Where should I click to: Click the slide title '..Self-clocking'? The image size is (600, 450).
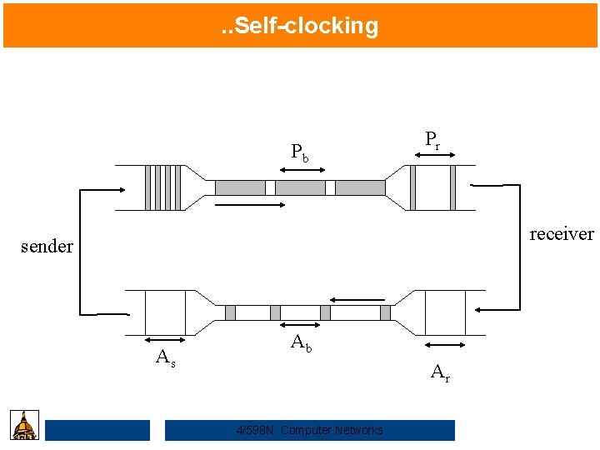300,26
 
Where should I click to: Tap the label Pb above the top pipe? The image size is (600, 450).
300,152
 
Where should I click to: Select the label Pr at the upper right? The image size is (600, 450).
432,139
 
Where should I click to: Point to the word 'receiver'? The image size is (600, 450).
561,234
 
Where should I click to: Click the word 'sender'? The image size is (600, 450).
47,247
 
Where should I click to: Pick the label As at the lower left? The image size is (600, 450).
166,357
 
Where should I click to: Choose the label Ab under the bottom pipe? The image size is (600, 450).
301,342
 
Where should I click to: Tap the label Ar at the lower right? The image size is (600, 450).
440,372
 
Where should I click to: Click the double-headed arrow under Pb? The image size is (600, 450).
302,170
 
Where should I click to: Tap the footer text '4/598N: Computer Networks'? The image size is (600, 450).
310,430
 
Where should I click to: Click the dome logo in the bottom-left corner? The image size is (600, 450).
25,425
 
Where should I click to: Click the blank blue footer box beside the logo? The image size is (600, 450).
97,430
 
